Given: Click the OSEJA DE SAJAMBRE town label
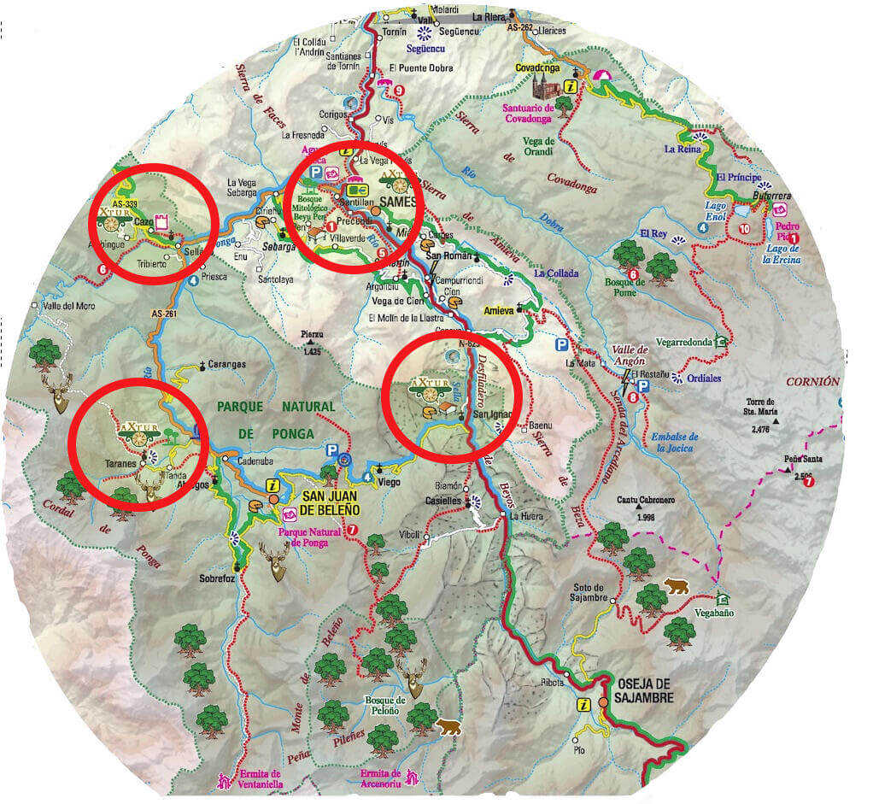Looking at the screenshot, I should tap(645, 691).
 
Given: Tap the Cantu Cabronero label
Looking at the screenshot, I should tap(646, 506).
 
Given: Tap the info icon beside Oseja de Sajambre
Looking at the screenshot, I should tap(584, 704).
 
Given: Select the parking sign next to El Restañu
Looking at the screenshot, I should tap(642, 386).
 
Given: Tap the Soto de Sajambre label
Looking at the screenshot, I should tap(589, 592).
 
